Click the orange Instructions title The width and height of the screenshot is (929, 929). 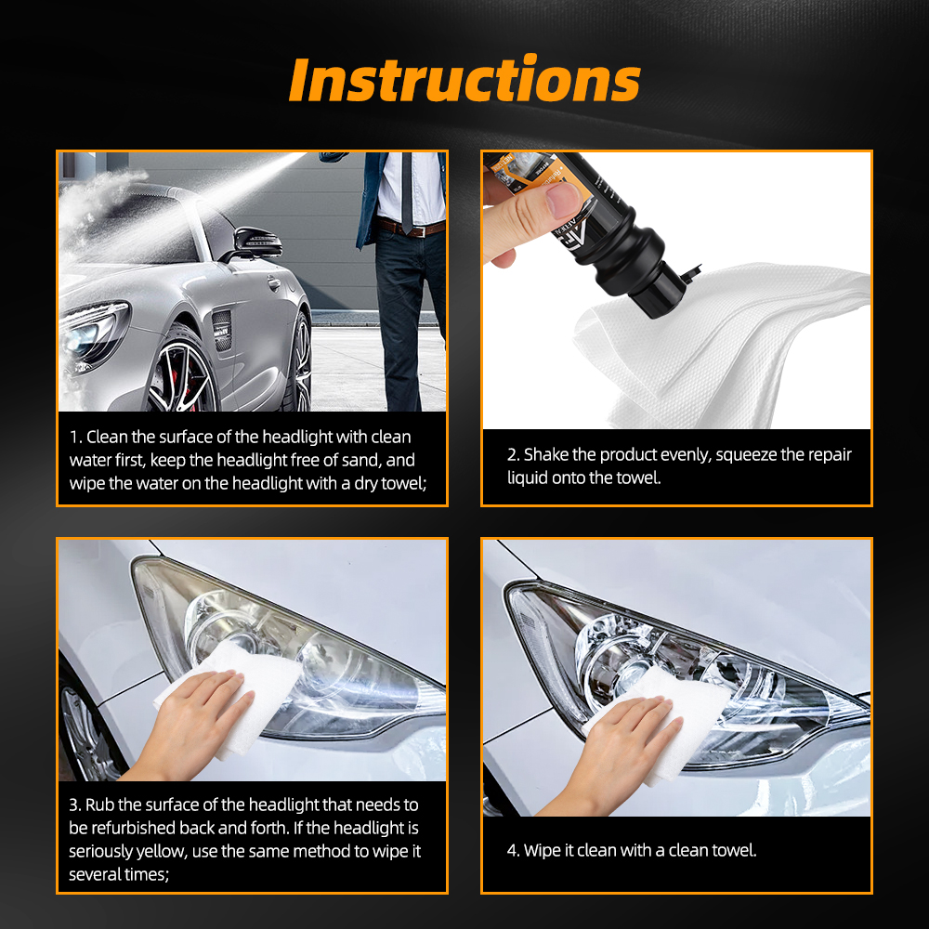464,81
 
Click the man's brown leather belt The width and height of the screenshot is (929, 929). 412,227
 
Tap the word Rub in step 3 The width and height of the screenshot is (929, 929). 100,805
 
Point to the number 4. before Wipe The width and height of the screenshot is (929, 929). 513,851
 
